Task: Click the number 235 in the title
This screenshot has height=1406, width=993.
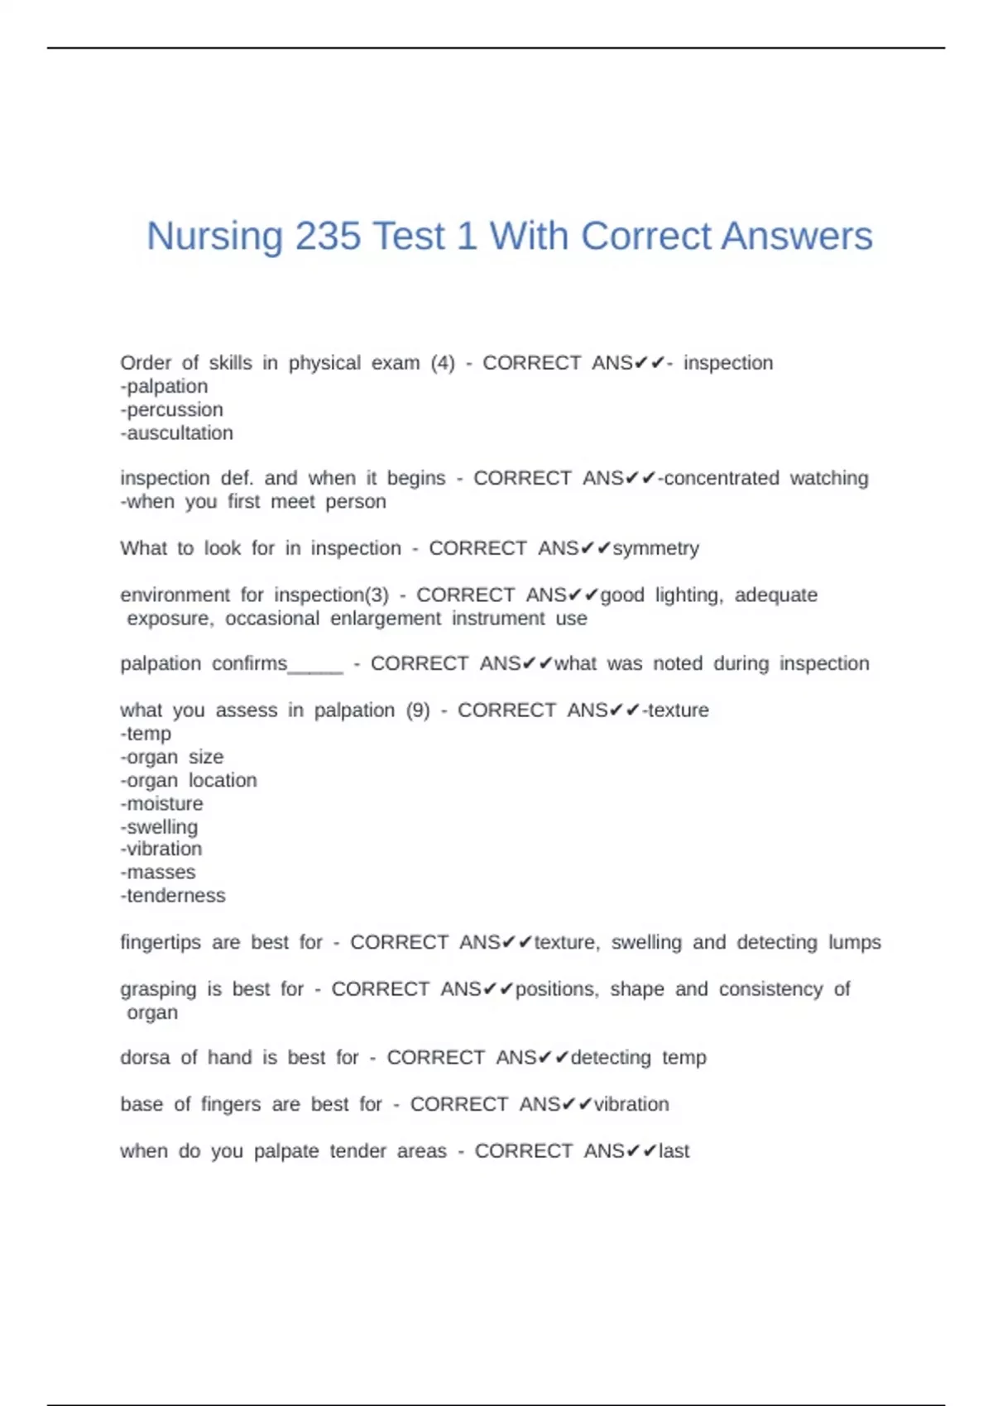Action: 329,237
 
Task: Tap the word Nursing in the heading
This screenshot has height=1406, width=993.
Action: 214,237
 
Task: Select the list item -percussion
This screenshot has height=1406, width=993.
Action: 171,410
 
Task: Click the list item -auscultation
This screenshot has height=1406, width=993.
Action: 176,433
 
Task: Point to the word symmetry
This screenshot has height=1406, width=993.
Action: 655,548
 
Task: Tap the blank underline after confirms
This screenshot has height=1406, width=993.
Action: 315,666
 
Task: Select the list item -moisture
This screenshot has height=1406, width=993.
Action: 161,804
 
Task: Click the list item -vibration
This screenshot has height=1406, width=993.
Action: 161,849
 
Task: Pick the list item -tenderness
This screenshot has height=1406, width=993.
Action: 172,896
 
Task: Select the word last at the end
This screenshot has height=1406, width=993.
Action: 674,1151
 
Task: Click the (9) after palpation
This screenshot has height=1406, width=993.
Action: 418,710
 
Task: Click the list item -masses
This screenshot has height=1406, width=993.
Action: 157,873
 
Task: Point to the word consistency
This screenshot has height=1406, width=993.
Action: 770,990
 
